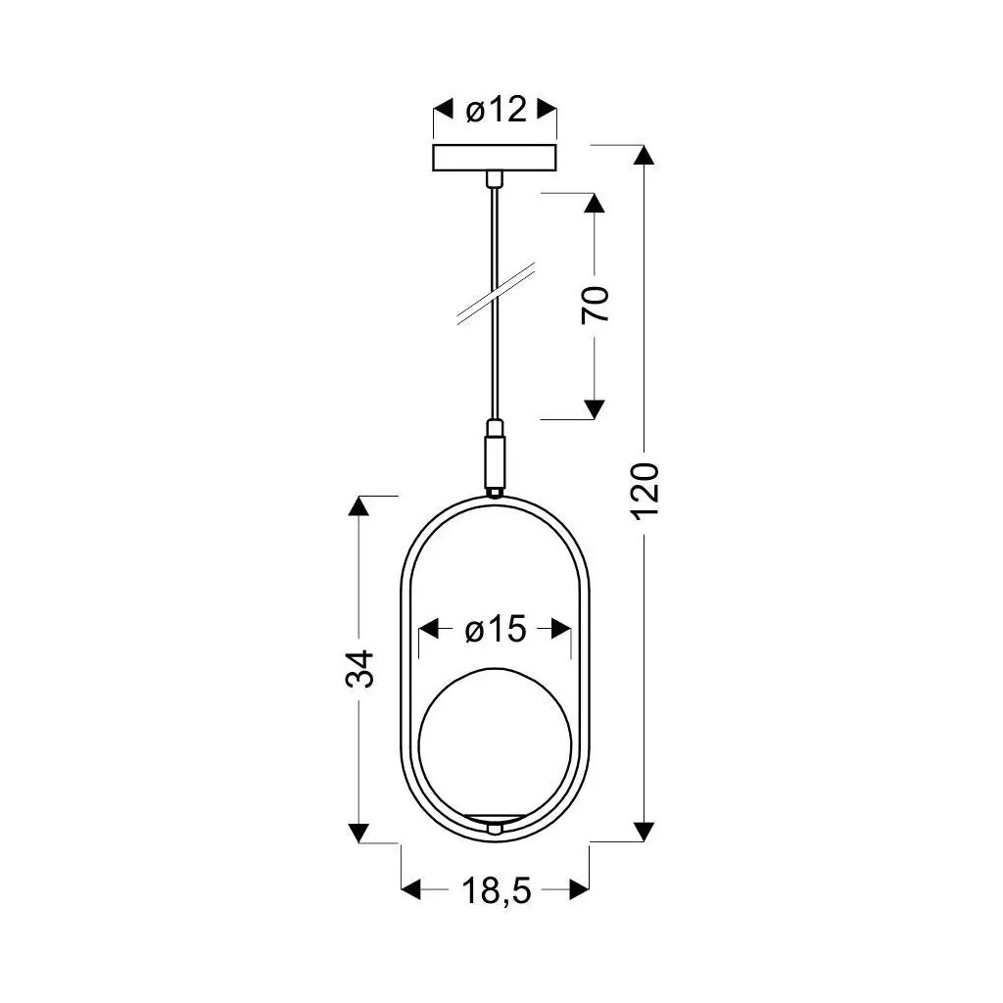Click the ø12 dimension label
pyautogui.click(x=496, y=111)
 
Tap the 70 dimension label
pyautogui.click(x=596, y=306)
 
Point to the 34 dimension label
pyautogui.click(x=360, y=668)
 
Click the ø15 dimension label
pyautogui.click(x=495, y=630)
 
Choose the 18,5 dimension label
pyautogui.click(x=495, y=890)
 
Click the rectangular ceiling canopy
pyautogui.click(x=496, y=158)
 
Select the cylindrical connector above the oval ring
pyautogui.click(x=496, y=456)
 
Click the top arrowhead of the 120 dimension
pyautogui.click(x=644, y=157)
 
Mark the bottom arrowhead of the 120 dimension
pyautogui.click(x=644, y=831)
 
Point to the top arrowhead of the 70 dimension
pyautogui.click(x=595, y=203)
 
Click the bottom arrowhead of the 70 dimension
pyautogui.click(x=595, y=408)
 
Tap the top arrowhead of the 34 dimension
pyautogui.click(x=359, y=506)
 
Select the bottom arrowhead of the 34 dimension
pyautogui.click(x=359, y=832)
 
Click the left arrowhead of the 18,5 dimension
pyautogui.click(x=412, y=889)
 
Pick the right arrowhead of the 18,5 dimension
pyautogui.click(x=579, y=889)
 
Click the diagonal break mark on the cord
pyautogui.click(x=496, y=292)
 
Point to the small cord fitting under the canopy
pyautogui.click(x=496, y=178)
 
